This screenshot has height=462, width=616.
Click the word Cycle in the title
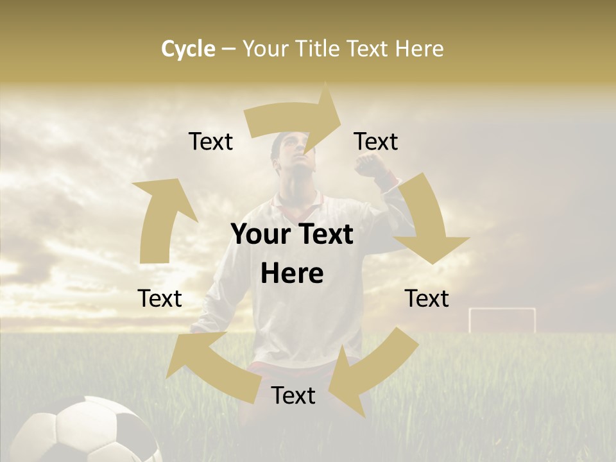(188, 49)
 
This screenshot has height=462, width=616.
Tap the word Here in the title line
(418, 49)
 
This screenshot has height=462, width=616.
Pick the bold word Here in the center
(292, 274)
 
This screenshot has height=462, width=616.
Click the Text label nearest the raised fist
(376, 141)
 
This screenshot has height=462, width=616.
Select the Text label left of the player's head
(210, 141)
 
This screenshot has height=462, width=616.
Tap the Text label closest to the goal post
(427, 298)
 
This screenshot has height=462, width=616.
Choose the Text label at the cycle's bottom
(293, 395)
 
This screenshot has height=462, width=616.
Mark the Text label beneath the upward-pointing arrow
(160, 298)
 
